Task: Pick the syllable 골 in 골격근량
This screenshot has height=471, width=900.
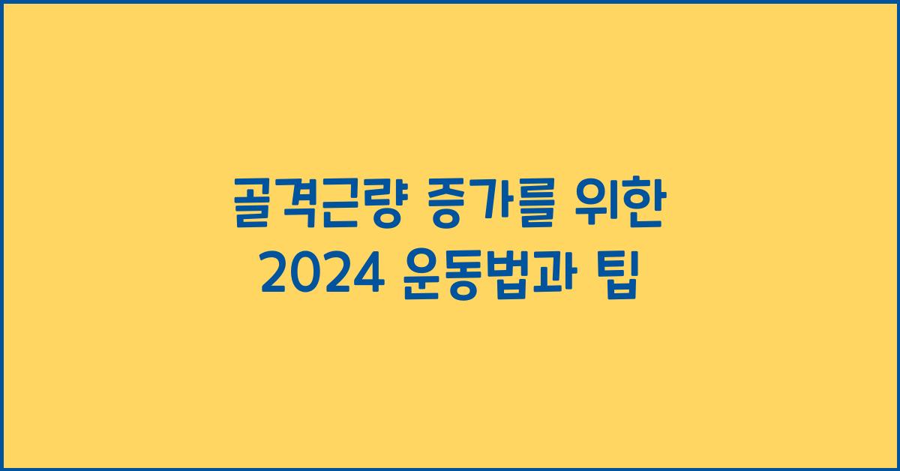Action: pyautogui.click(x=253, y=211)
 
